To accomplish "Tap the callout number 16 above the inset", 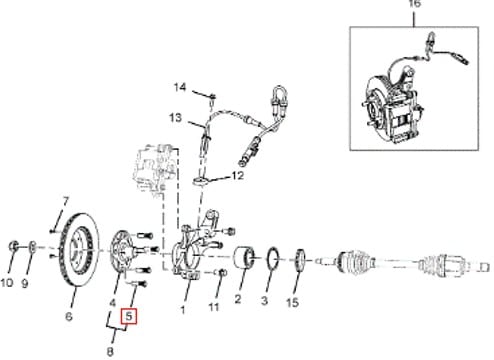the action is tap(414, 4).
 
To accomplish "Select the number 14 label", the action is tap(180, 87).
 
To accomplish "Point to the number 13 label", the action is tap(175, 118).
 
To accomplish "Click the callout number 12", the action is tap(238, 175).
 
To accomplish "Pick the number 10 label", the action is tap(7, 283).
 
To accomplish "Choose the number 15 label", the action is tap(292, 302).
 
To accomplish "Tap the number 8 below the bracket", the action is tap(110, 351).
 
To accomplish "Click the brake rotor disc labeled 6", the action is tap(79, 249).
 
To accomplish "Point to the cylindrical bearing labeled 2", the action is tap(244, 258).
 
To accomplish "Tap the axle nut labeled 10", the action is tap(13, 246).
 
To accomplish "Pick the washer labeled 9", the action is tap(32, 247).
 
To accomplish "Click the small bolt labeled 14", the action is tap(213, 97).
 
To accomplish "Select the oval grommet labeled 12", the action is tap(200, 181).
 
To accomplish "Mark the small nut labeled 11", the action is tap(222, 273).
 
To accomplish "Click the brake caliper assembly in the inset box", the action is tap(397, 108).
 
